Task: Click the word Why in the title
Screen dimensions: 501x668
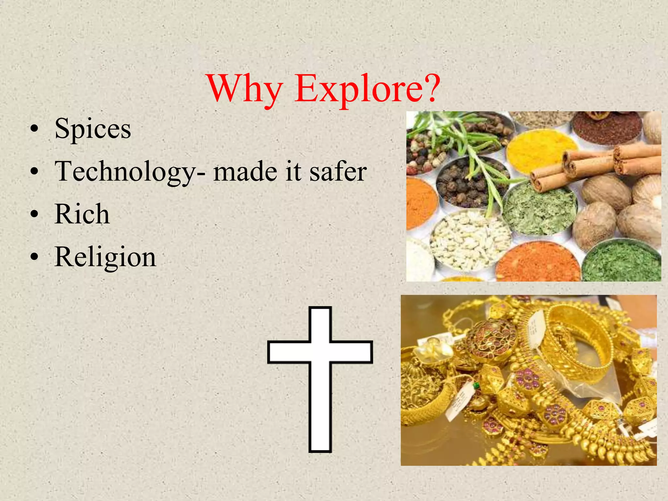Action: (245, 89)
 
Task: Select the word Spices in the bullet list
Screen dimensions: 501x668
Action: (93, 129)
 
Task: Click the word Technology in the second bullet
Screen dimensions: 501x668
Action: (125, 172)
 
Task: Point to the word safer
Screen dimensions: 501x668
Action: (338, 172)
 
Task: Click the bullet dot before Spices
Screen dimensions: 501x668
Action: (34, 129)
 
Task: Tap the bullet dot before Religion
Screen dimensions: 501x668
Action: (34, 257)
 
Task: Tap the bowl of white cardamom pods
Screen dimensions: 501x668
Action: (470, 240)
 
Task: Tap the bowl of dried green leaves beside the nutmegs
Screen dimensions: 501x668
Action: (540, 209)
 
